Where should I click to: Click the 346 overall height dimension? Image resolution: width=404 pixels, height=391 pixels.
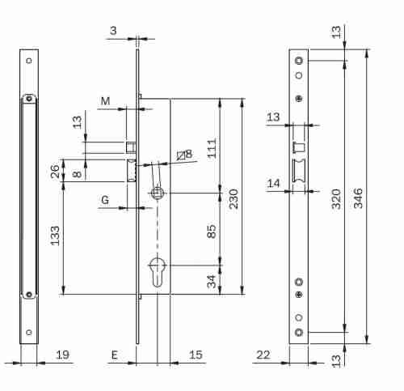358,198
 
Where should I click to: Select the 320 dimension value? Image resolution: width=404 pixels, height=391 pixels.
336,199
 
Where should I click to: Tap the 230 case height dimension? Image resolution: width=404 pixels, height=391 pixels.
234,199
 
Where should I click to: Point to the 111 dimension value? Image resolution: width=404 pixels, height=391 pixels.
212,148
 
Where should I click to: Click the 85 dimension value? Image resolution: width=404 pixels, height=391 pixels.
212,232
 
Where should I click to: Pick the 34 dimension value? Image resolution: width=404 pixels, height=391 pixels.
212,282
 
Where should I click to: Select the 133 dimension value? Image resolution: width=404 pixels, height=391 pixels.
55,236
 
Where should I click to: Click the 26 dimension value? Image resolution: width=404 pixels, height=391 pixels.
55,171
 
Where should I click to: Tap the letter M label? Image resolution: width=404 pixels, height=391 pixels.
105,101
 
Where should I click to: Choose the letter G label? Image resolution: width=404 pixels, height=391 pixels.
105,200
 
